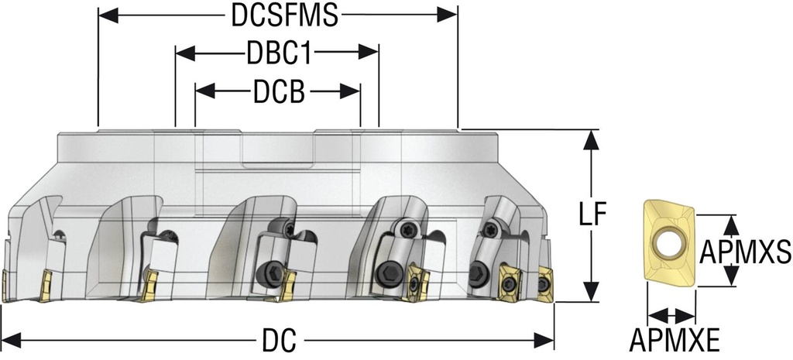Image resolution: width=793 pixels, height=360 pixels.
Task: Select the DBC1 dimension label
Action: (x=278, y=54)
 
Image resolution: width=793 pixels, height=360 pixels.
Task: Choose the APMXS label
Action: (x=745, y=252)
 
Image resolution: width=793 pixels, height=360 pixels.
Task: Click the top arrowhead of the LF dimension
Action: (x=593, y=139)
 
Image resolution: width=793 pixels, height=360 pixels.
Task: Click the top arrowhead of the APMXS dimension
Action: (x=730, y=223)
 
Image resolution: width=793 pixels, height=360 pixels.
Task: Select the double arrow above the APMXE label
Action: (x=671, y=315)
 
